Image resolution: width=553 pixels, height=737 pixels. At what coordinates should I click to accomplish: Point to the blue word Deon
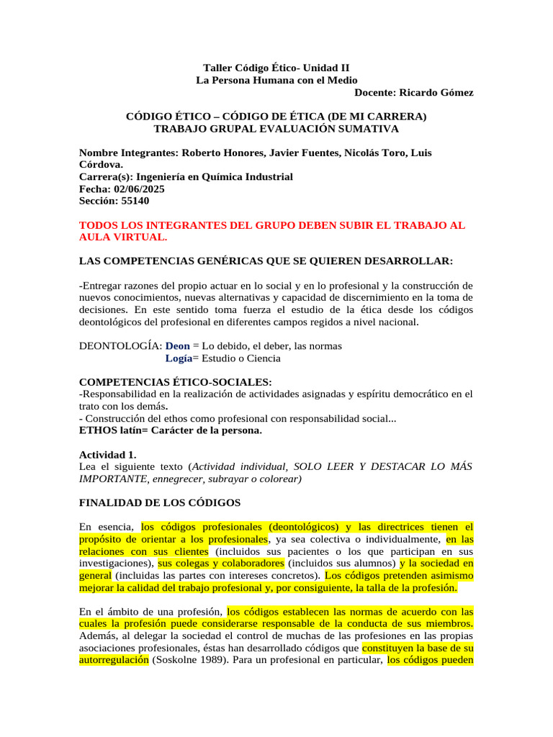click(x=177, y=346)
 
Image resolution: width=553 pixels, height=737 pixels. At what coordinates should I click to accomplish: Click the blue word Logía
click(x=179, y=358)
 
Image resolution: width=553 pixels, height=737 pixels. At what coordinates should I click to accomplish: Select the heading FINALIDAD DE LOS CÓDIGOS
click(x=159, y=502)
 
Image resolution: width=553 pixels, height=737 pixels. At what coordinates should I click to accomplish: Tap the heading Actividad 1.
click(x=107, y=455)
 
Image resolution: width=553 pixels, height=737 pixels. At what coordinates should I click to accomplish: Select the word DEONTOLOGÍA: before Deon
click(x=120, y=346)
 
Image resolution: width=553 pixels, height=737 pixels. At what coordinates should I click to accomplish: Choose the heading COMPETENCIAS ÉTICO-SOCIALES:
click(x=175, y=382)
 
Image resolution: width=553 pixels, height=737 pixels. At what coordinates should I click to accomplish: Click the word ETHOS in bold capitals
click(x=96, y=431)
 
